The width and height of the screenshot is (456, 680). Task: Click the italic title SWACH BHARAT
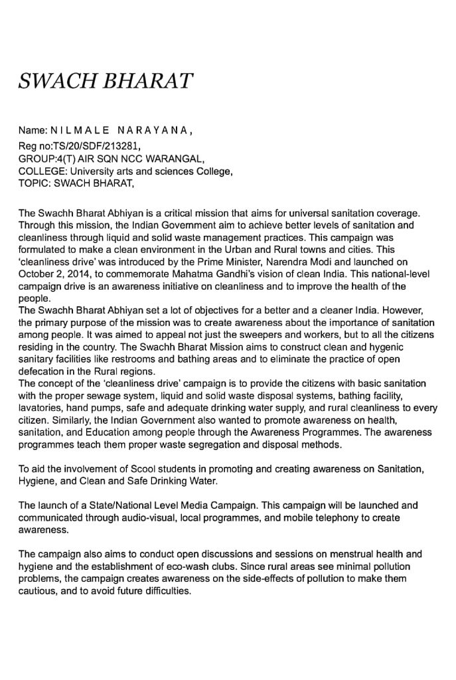tap(106, 82)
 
